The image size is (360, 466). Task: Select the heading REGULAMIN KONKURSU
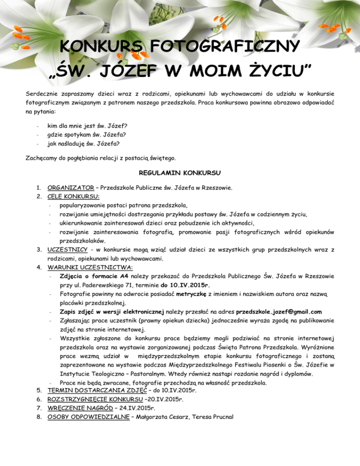(x=180, y=173)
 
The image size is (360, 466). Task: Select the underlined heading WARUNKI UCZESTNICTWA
(x=90, y=267)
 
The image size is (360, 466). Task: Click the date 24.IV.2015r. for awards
(x=136, y=408)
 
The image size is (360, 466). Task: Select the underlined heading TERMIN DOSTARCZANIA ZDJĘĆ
(x=90, y=390)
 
